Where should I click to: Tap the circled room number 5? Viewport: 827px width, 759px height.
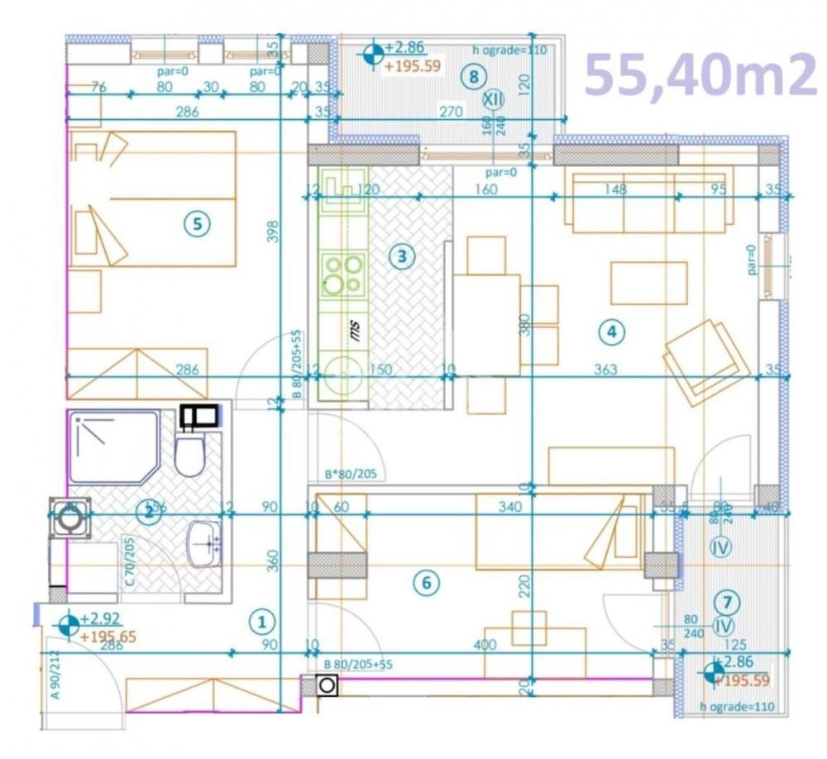tap(197, 222)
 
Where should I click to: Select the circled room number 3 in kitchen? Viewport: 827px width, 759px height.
tap(401, 256)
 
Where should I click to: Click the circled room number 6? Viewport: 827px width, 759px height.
tap(426, 583)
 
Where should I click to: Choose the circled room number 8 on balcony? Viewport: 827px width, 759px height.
tap(473, 78)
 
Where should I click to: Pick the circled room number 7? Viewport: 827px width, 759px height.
tap(726, 602)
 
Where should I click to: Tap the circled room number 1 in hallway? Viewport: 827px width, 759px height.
tap(261, 620)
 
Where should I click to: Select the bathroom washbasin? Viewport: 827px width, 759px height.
tap(203, 543)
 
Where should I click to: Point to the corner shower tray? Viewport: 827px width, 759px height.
tap(112, 447)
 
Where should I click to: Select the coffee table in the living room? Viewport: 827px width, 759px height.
tap(648, 283)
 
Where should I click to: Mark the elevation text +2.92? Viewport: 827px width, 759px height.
tap(101, 618)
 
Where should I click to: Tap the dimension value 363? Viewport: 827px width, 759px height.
tap(605, 370)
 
